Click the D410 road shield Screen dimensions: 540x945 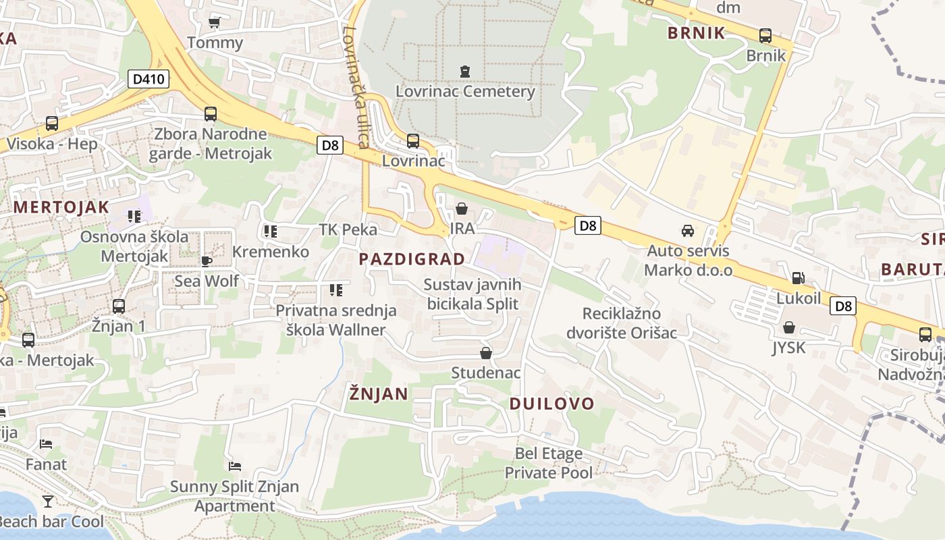(x=148, y=79)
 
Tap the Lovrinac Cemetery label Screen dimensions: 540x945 (x=465, y=91)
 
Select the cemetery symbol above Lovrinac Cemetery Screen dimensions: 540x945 (x=464, y=70)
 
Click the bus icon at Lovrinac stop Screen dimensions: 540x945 (x=412, y=141)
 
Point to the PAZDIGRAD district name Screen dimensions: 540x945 (x=412, y=259)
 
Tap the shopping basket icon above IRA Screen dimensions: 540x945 (x=462, y=209)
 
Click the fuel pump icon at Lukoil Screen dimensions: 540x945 (x=798, y=277)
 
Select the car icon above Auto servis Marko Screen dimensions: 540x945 (x=688, y=231)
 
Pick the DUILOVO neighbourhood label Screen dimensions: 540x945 (x=551, y=404)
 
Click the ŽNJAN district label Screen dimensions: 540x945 (x=379, y=394)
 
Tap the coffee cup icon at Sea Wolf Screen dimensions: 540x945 (x=207, y=261)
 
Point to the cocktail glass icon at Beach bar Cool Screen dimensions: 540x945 (x=48, y=501)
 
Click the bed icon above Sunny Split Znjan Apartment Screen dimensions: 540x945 (x=235, y=466)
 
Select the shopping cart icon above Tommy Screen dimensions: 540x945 (x=215, y=22)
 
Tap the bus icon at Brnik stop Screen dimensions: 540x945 (x=765, y=35)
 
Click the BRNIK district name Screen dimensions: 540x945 (x=696, y=33)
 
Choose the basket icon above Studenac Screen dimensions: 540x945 (x=485, y=353)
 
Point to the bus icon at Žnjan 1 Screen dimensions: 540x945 (x=119, y=306)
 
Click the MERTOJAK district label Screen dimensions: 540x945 (x=61, y=207)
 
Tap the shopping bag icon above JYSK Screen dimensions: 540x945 (x=789, y=327)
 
